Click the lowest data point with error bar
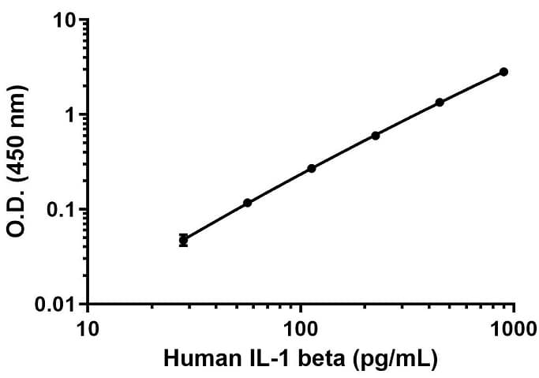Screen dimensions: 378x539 (183, 239)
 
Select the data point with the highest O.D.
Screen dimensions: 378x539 (503, 72)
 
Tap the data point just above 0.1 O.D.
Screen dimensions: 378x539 (247, 203)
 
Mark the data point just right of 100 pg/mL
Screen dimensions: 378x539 (311, 168)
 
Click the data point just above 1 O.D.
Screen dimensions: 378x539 (440, 103)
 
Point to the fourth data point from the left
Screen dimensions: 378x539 (376, 136)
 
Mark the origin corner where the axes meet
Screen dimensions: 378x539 (88, 304)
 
